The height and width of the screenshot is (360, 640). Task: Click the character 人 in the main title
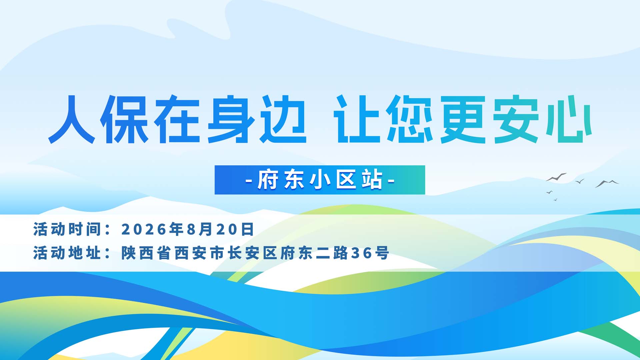(x=72, y=119)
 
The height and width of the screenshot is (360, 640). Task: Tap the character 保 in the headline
(x=124, y=119)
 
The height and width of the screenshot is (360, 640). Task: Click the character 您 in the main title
(x=410, y=119)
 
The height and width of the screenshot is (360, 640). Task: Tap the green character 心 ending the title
(x=569, y=119)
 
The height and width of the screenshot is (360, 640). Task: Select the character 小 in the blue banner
(x=320, y=180)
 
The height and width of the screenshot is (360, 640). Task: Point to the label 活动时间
(x=67, y=229)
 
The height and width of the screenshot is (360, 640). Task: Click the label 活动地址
(x=67, y=253)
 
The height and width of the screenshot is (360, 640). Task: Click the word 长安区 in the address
(x=252, y=253)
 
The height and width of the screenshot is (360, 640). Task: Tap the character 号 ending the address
(x=382, y=253)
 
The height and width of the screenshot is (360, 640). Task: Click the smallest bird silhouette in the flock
(x=555, y=200)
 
